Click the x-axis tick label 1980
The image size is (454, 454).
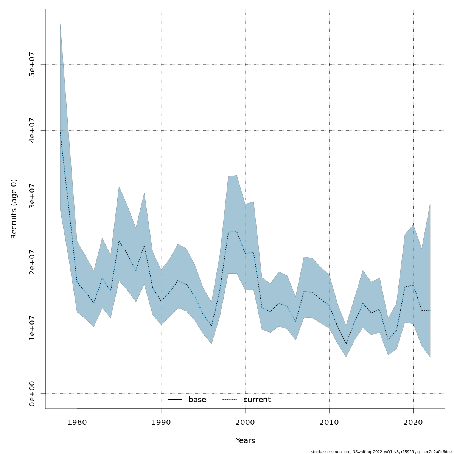77,422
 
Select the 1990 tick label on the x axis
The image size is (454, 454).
161,422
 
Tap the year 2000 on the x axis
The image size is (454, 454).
245,422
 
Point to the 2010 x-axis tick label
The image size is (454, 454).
329,422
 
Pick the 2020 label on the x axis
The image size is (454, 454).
413,422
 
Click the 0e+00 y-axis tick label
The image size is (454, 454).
32,394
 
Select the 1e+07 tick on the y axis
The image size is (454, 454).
32,328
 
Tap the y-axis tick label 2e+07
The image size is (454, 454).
32,262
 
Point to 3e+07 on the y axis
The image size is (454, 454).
32,196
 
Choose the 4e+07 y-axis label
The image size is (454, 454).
32,130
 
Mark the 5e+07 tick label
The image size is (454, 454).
32,64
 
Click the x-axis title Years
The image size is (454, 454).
245,441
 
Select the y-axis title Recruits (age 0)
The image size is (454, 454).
14,209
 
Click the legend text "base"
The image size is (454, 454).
197,400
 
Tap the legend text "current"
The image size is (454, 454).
257,400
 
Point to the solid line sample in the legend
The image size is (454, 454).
175,400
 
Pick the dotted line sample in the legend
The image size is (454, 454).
229,400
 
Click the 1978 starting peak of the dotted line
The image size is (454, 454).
60,132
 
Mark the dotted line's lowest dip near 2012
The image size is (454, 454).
346,344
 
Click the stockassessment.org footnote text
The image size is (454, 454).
381,452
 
